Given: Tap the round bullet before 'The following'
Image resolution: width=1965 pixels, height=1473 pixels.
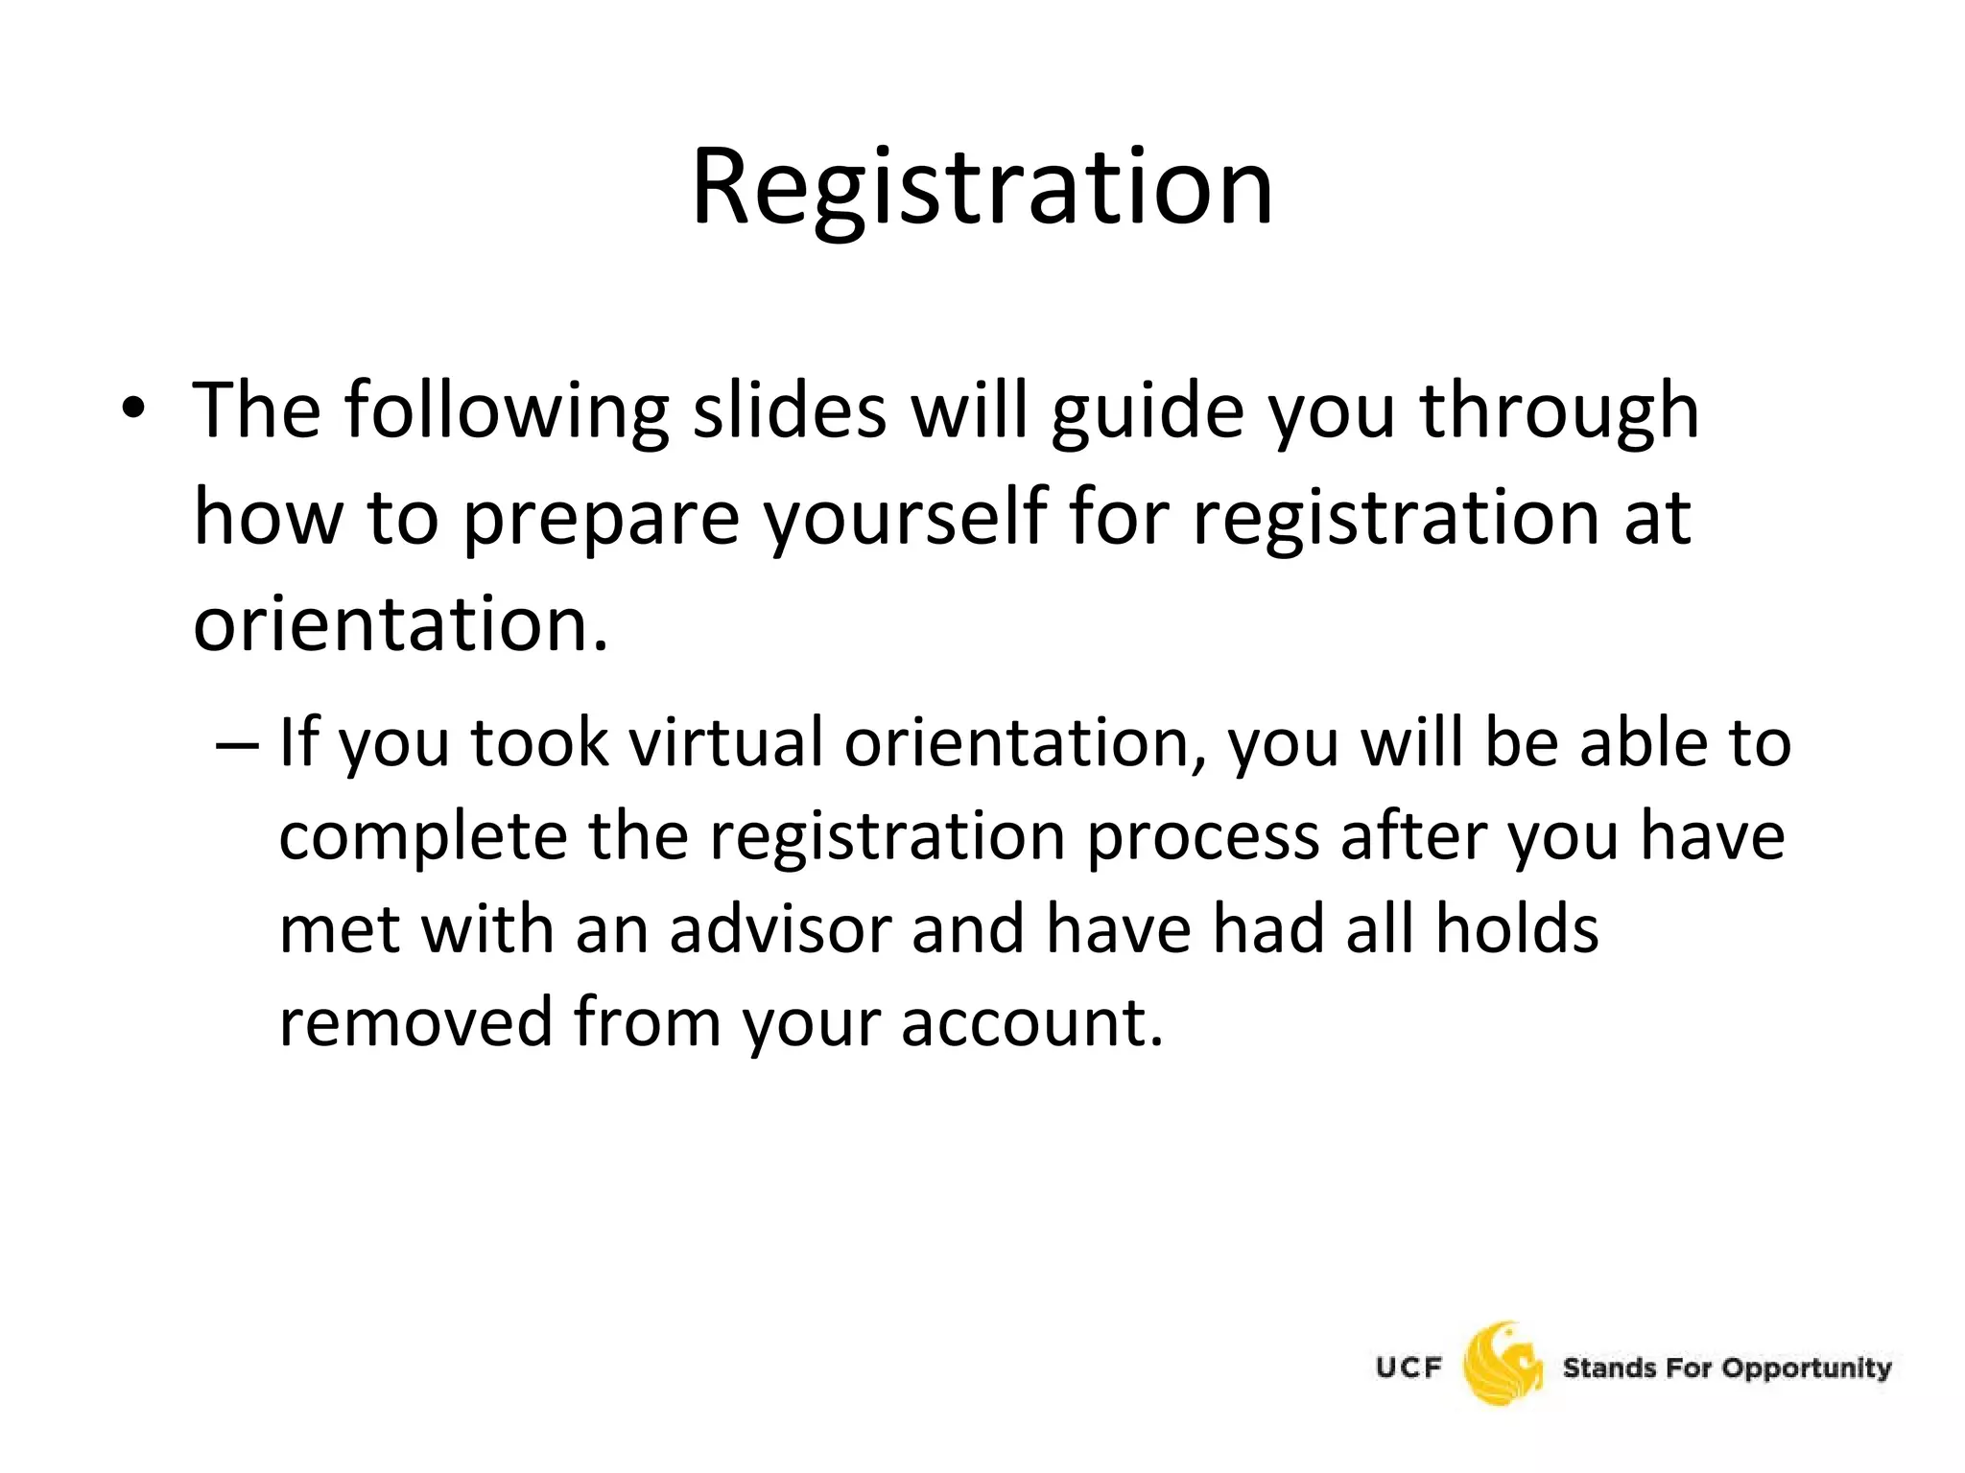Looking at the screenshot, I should coord(133,409).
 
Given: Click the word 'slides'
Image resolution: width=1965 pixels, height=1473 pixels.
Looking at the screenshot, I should coord(790,409).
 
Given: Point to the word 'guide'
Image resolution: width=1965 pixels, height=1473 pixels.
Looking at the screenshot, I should coord(1148,411).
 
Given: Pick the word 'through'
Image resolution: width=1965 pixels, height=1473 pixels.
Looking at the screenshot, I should coord(1559,411).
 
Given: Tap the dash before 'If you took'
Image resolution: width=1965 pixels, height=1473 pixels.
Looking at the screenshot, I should coord(237,743).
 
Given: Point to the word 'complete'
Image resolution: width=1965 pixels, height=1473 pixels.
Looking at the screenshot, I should coord(422,836).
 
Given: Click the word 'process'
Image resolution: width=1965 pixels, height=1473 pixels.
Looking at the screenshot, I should coord(1203,836).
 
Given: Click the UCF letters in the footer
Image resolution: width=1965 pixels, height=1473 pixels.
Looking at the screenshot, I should coord(1409,1367).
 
